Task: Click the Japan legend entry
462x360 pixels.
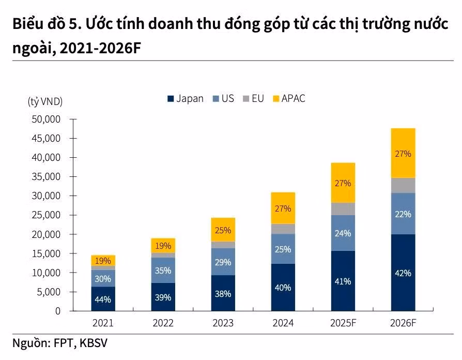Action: pos(184,98)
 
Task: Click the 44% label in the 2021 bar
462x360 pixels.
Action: pos(103,298)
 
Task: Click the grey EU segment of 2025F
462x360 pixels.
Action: pos(343,208)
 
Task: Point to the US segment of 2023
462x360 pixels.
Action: pos(223,262)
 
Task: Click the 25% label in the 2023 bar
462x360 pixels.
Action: pos(223,230)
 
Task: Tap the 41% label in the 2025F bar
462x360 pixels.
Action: pos(343,281)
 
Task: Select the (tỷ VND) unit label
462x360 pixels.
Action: pos(45,102)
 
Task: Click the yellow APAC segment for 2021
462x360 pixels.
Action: pos(103,260)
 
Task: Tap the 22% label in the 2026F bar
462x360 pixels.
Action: pos(403,214)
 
